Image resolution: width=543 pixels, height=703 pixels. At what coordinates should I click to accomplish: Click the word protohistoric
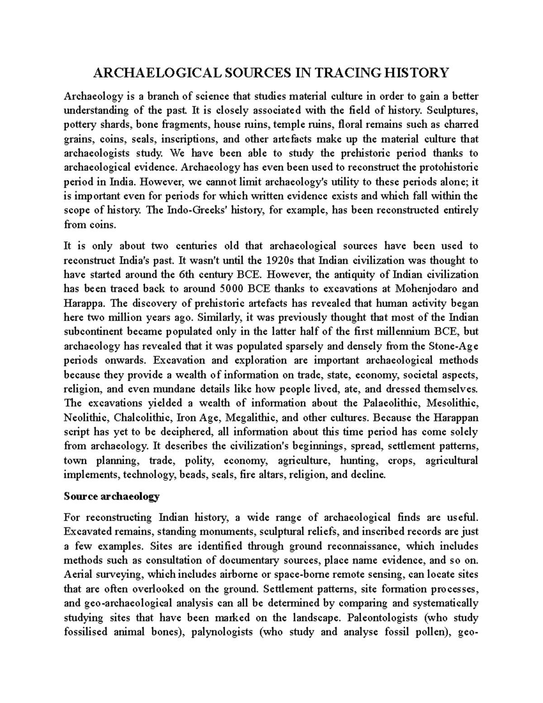point(445,167)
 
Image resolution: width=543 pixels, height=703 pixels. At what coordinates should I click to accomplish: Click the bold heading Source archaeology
point(111,496)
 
